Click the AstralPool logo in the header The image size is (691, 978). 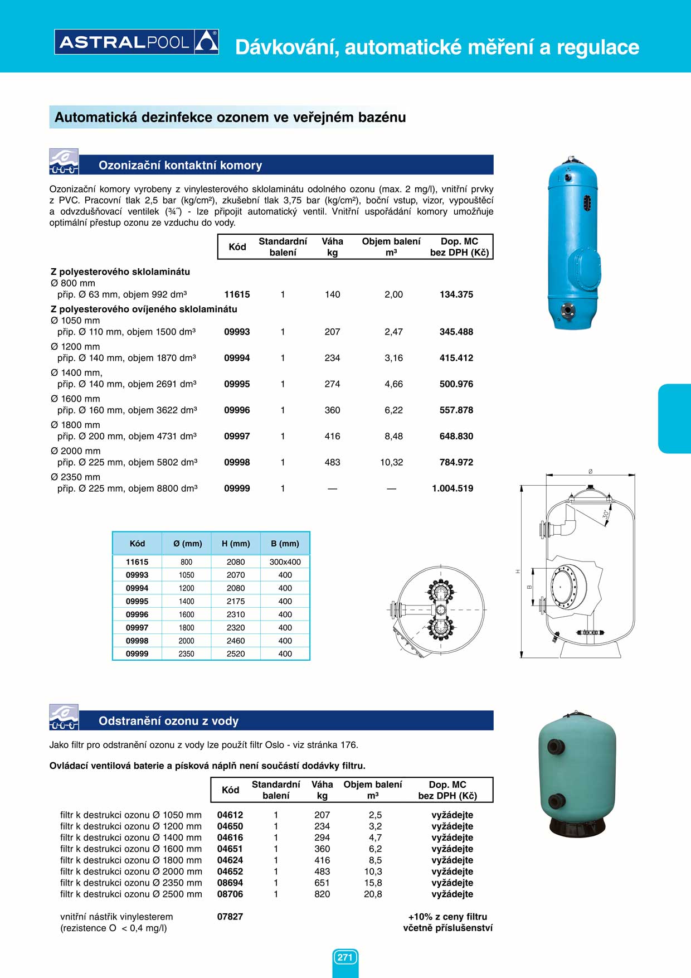[x=137, y=42]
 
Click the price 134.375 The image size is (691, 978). [x=456, y=294]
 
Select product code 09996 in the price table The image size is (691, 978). [x=237, y=410]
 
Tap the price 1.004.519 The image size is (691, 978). [x=452, y=488]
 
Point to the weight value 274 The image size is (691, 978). [x=332, y=384]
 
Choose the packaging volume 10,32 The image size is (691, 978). [x=391, y=462]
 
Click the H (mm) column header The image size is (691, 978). [x=236, y=544]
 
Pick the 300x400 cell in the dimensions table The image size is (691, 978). [x=285, y=562]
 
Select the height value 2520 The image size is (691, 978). [x=236, y=653]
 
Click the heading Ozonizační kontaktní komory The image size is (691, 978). [x=180, y=165]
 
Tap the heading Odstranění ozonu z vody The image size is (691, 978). [x=168, y=721]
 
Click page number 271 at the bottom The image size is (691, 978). [x=345, y=957]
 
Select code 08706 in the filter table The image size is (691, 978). [x=230, y=894]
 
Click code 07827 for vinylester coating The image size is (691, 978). [x=230, y=916]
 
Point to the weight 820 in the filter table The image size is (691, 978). [x=322, y=894]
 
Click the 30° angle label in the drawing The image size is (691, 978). [x=606, y=514]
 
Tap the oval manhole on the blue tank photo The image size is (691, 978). [x=583, y=269]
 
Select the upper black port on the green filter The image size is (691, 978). [x=556, y=747]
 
